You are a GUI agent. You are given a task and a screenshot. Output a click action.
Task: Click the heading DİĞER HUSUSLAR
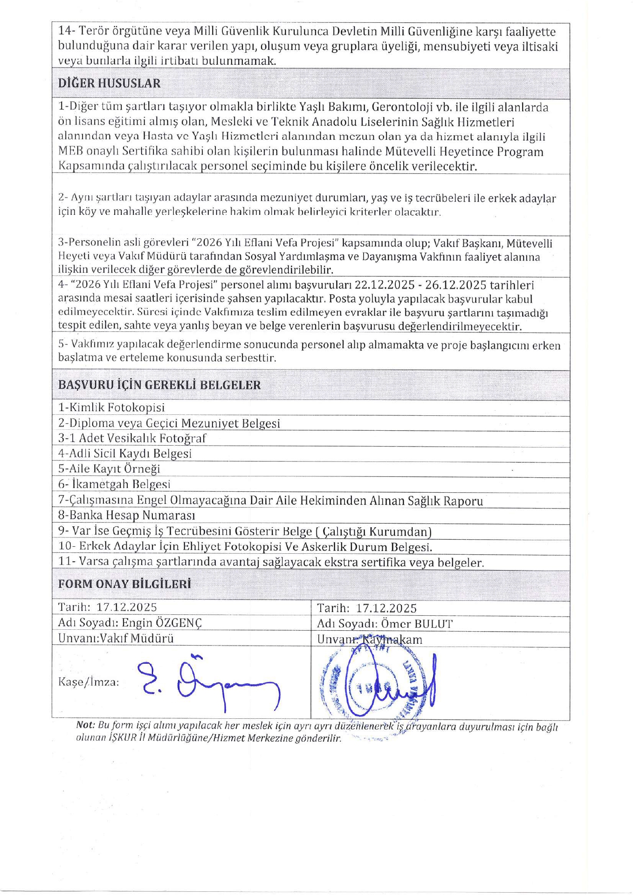[x=109, y=83]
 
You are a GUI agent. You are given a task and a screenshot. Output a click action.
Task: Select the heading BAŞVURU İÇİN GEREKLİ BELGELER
[x=159, y=385]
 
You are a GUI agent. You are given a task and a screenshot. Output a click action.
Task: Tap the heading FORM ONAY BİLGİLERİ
[x=124, y=584]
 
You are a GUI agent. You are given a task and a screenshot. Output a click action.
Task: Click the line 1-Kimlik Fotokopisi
[x=111, y=407]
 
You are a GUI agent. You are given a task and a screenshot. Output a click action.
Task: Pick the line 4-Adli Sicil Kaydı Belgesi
[x=125, y=453]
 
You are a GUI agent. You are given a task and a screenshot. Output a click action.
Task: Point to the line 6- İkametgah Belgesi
[x=114, y=484]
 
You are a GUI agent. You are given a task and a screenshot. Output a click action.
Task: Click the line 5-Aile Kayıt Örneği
[x=109, y=468]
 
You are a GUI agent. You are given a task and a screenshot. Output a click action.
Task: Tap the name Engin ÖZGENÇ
[x=162, y=623]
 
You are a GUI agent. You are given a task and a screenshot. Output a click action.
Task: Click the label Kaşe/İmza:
[x=89, y=682]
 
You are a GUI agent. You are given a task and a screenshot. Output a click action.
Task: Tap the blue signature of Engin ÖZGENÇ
[x=210, y=683]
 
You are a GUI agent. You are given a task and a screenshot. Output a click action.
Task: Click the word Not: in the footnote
[x=85, y=725]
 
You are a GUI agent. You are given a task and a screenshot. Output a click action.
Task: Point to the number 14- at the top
[x=67, y=32]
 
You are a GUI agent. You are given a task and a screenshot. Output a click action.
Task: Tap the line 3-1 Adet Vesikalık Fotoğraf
[x=132, y=438]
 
